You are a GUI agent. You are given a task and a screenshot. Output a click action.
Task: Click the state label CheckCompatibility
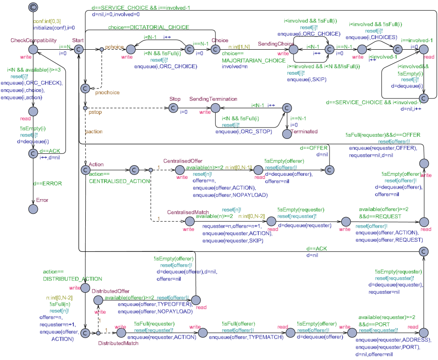click(33, 40)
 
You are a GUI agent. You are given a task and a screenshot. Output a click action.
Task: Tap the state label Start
click(78, 40)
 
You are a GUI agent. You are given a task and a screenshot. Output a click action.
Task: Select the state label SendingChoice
click(275, 44)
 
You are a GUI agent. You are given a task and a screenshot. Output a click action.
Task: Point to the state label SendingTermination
click(213, 99)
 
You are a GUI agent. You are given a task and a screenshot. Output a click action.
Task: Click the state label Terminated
click(304, 131)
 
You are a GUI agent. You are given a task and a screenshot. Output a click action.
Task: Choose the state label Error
click(42, 200)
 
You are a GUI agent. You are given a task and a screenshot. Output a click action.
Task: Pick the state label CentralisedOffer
click(183, 161)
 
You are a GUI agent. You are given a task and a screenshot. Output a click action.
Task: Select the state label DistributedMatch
click(118, 343)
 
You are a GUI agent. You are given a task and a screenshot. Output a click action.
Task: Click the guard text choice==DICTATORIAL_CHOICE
click(149, 27)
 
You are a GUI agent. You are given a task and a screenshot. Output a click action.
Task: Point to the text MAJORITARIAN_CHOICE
click(253, 61)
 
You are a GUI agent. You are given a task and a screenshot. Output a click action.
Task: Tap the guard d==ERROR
click(48, 184)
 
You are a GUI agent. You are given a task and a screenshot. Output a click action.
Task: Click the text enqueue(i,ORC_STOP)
click(244, 131)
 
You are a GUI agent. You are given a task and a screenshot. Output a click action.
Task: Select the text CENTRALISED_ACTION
click(119, 181)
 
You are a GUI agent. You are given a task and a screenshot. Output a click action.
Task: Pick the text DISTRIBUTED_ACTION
click(72, 279)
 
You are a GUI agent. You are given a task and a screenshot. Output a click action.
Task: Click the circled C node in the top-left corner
click(33, 7)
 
